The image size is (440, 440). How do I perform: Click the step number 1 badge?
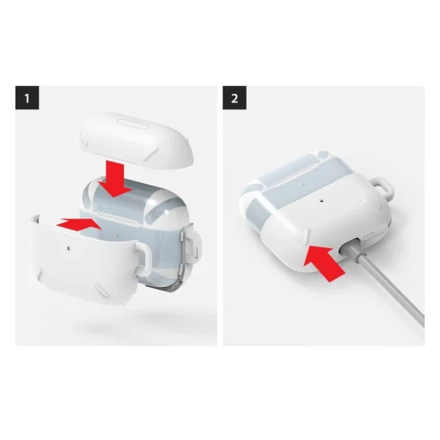point(28,98)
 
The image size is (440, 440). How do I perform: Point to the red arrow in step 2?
point(326,259)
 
